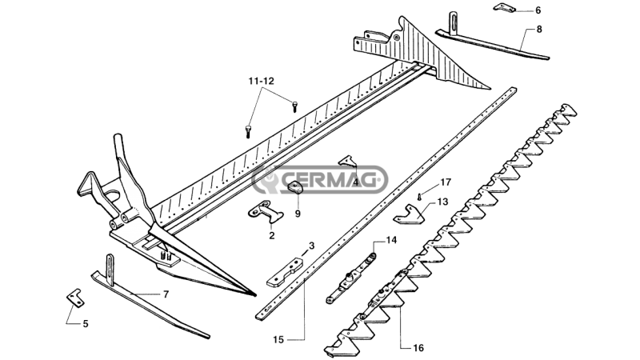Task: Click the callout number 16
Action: pos(418,348)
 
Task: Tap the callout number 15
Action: pos(278,339)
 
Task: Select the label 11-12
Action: pos(262,81)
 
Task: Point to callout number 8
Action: pos(539,30)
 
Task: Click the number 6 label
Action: pos(538,10)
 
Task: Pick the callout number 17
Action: pos(446,182)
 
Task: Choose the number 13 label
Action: pos(442,202)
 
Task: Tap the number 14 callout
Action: pos(391,240)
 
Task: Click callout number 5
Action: pos(86,324)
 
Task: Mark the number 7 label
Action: pos(166,294)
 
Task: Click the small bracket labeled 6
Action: pos(505,7)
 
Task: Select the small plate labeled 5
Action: pos(75,298)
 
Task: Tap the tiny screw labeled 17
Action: pos(419,197)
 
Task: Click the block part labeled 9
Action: pos(295,188)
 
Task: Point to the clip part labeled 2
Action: pos(266,212)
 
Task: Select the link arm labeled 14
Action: pos(351,278)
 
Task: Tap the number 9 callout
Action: pos(298,214)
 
